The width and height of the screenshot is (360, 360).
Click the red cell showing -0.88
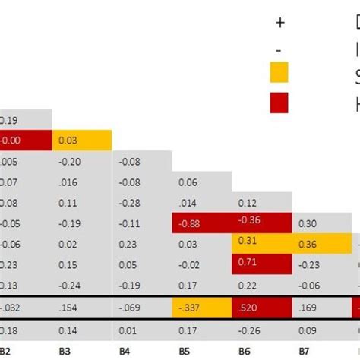click(x=202, y=223)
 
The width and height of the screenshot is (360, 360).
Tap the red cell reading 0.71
click(x=262, y=264)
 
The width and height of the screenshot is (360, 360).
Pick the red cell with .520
click(x=262, y=308)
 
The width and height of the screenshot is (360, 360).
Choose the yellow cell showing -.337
click(x=202, y=308)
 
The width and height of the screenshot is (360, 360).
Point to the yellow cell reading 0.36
click(x=322, y=244)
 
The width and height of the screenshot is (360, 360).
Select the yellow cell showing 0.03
click(x=82, y=140)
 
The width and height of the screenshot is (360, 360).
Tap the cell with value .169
click(x=322, y=308)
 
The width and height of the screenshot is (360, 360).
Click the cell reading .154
click(x=82, y=308)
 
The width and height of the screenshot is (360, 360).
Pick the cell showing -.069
click(x=142, y=308)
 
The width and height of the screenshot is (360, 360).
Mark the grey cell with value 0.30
click(x=322, y=223)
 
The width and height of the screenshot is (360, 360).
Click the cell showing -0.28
click(x=142, y=204)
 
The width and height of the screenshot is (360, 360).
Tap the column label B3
click(x=67, y=352)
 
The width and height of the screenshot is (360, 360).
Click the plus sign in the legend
click(x=279, y=23)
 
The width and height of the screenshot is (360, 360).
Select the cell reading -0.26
click(x=262, y=330)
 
